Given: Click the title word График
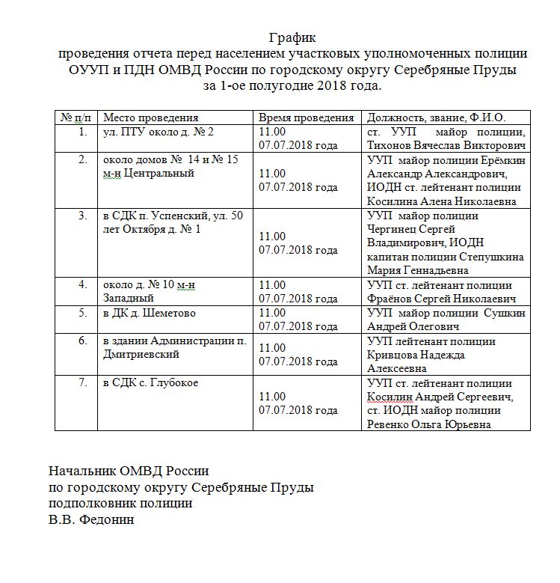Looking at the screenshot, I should [x=292, y=37].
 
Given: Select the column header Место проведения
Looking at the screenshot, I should [x=150, y=117].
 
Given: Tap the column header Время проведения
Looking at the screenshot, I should [x=307, y=117].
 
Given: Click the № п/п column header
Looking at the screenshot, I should [x=76, y=117].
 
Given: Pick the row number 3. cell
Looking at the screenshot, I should [x=83, y=216].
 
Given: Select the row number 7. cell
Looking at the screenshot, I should [x=83, y=383].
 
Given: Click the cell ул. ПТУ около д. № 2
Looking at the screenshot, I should [x=159, y=132].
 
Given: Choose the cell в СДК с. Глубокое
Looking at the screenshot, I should [x=150, y=383].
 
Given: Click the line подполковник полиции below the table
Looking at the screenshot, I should [x=120, y=503].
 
